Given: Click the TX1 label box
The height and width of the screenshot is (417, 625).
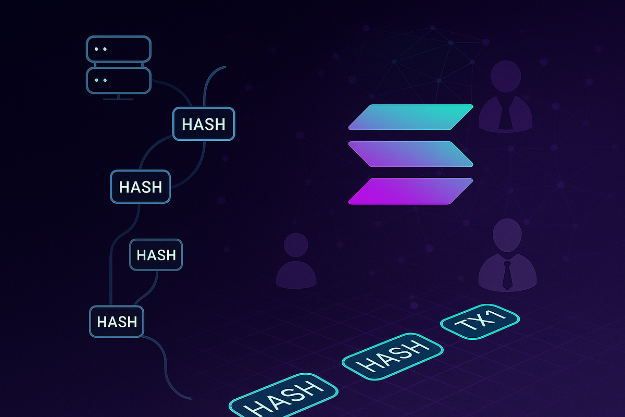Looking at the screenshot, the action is (x=480, y=322).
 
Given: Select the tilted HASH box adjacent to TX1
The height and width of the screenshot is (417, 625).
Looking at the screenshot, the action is (x=392, y=357).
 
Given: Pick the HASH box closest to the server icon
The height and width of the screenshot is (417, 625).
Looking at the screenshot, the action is (x=204, y=124).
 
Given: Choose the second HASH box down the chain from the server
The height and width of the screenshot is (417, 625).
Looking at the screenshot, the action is (x=140, y=187).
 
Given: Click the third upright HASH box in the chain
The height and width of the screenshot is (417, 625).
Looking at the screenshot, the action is (x=156, y=254).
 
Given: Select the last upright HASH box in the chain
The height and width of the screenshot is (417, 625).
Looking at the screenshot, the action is (x=117, y=322).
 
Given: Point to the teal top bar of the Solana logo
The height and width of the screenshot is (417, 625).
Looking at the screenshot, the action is (x=411, y=117).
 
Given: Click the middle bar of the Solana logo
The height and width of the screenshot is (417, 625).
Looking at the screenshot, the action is (x=411, y=154).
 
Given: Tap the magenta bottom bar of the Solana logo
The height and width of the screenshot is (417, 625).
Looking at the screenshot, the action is (x=411, y=191).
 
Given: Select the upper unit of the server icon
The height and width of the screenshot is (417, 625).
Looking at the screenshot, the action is (x=119, y=49).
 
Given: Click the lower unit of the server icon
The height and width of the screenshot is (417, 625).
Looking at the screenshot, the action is (x=119, y=80).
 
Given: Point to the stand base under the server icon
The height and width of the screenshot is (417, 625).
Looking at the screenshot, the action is (x=118, y=99).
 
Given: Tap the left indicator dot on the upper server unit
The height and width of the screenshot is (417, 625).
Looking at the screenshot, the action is (x=96, y=49).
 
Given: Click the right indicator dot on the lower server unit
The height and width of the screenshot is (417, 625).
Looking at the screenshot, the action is (x=105, y=80).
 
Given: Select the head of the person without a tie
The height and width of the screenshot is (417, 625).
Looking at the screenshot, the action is (x=296, y=244).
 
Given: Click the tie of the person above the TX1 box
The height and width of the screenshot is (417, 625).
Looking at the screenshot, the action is (x=507, y=275).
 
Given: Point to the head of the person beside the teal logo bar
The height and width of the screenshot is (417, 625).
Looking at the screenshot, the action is (x=506, y=76).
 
